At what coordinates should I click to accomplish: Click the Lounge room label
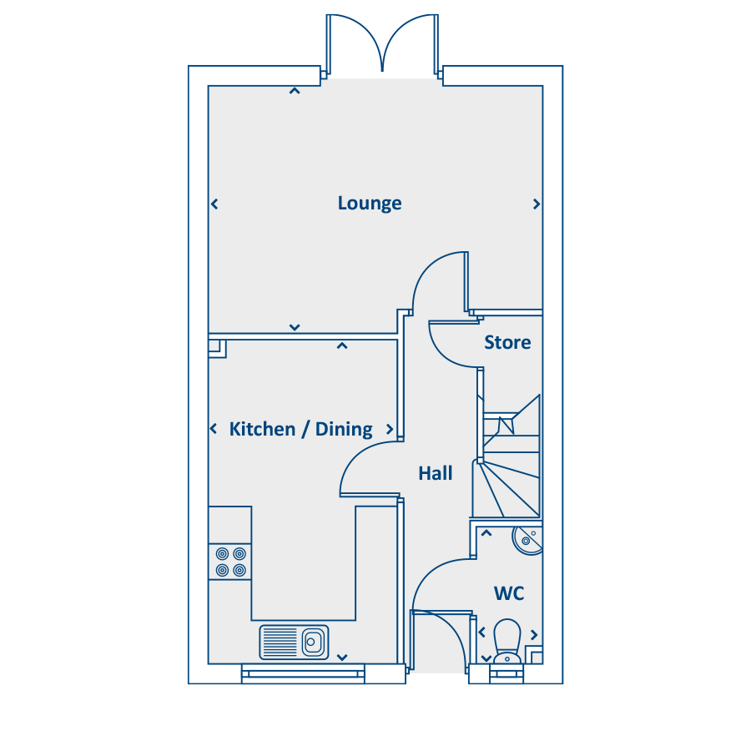click(x=370, y=203)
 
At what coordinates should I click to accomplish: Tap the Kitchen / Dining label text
click(x=300, y=429)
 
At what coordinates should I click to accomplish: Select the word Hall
click(x=436, y=474)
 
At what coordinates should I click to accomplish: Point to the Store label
click(x=507, y=342)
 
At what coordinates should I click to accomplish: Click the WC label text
click(x=509, y=593)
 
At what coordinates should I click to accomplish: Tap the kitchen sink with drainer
click(x=294, y=642)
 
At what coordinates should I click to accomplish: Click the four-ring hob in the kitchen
click(x=230, y=562)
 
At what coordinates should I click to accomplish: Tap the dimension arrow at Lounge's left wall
click(x=214, y=204)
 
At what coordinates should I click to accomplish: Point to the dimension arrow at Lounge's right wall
click(x=537, y=204)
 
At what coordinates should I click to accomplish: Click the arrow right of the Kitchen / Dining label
click(x=390, y=429)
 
